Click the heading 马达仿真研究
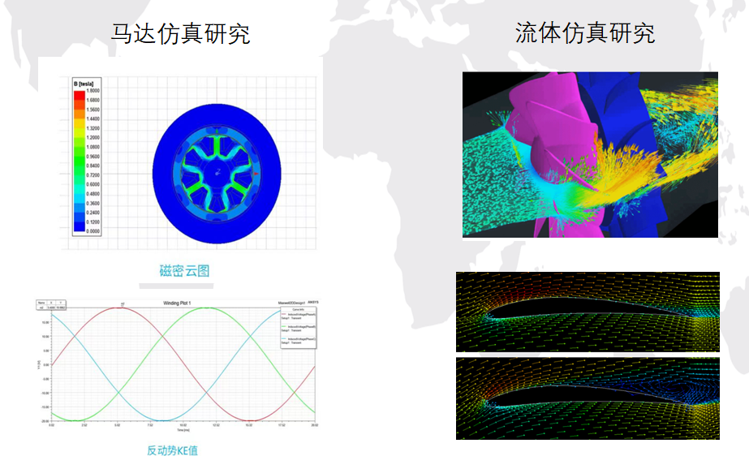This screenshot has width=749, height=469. click(x=180, y=33)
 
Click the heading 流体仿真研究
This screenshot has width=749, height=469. click(x=584, y=33)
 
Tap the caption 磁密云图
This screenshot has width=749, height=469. click(x=184, y=271)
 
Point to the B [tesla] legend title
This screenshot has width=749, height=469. click(x=84, y=84)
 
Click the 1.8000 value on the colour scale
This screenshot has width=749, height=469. click(x=93, y=92)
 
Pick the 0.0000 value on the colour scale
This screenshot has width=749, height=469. click(x=93, y=230)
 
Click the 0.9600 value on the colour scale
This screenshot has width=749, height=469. click(x=93, y=157)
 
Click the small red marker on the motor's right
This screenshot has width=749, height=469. click(x=256, y=173)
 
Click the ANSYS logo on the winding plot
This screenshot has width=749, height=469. click(x=313, y=302)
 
